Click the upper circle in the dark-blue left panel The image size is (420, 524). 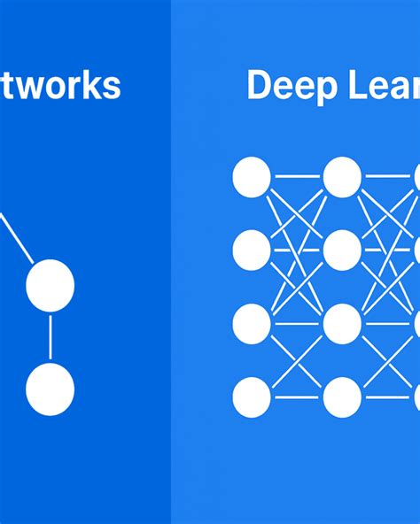50,285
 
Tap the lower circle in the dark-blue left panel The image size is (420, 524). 50,389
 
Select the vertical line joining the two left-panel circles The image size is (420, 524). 50,337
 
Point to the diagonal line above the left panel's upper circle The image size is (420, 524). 16,237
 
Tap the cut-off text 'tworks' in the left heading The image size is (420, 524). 60,86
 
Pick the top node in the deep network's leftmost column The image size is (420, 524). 252,177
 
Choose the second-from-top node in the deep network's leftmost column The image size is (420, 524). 252,250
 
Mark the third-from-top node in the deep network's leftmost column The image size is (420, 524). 252,324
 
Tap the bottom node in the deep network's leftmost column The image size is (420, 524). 252,397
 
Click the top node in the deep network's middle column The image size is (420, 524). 342,177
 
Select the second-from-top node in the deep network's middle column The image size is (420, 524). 342,250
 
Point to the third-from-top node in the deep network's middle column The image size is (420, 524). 342,324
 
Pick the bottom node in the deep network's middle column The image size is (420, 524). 342,397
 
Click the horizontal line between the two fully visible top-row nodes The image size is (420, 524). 297,177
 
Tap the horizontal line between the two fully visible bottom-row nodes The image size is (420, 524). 297,397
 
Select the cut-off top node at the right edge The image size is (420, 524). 416,177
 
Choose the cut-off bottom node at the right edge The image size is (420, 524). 416,397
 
